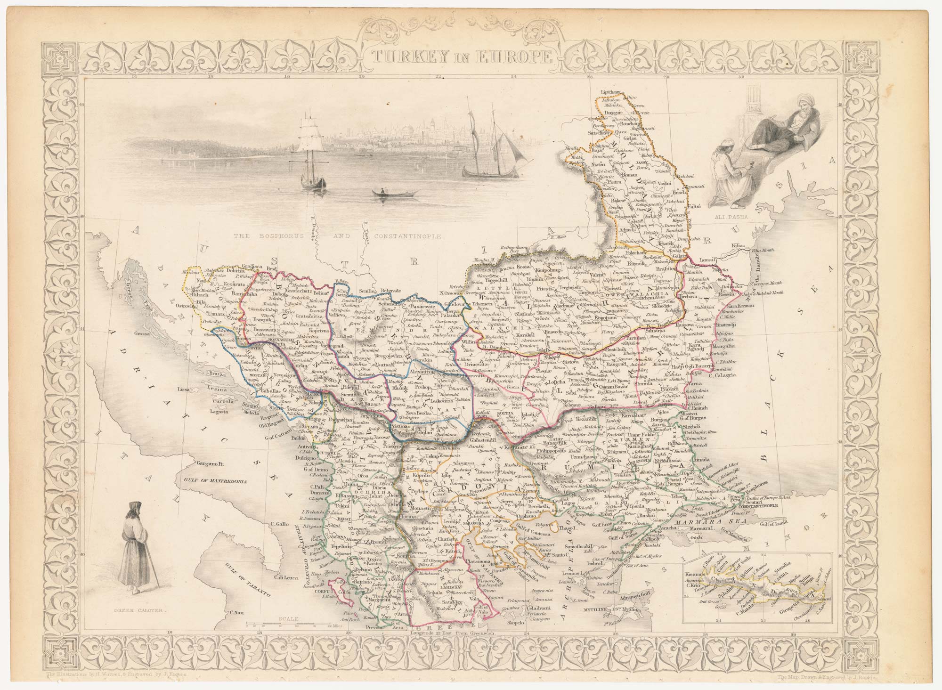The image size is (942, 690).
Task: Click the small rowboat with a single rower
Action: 393,193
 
